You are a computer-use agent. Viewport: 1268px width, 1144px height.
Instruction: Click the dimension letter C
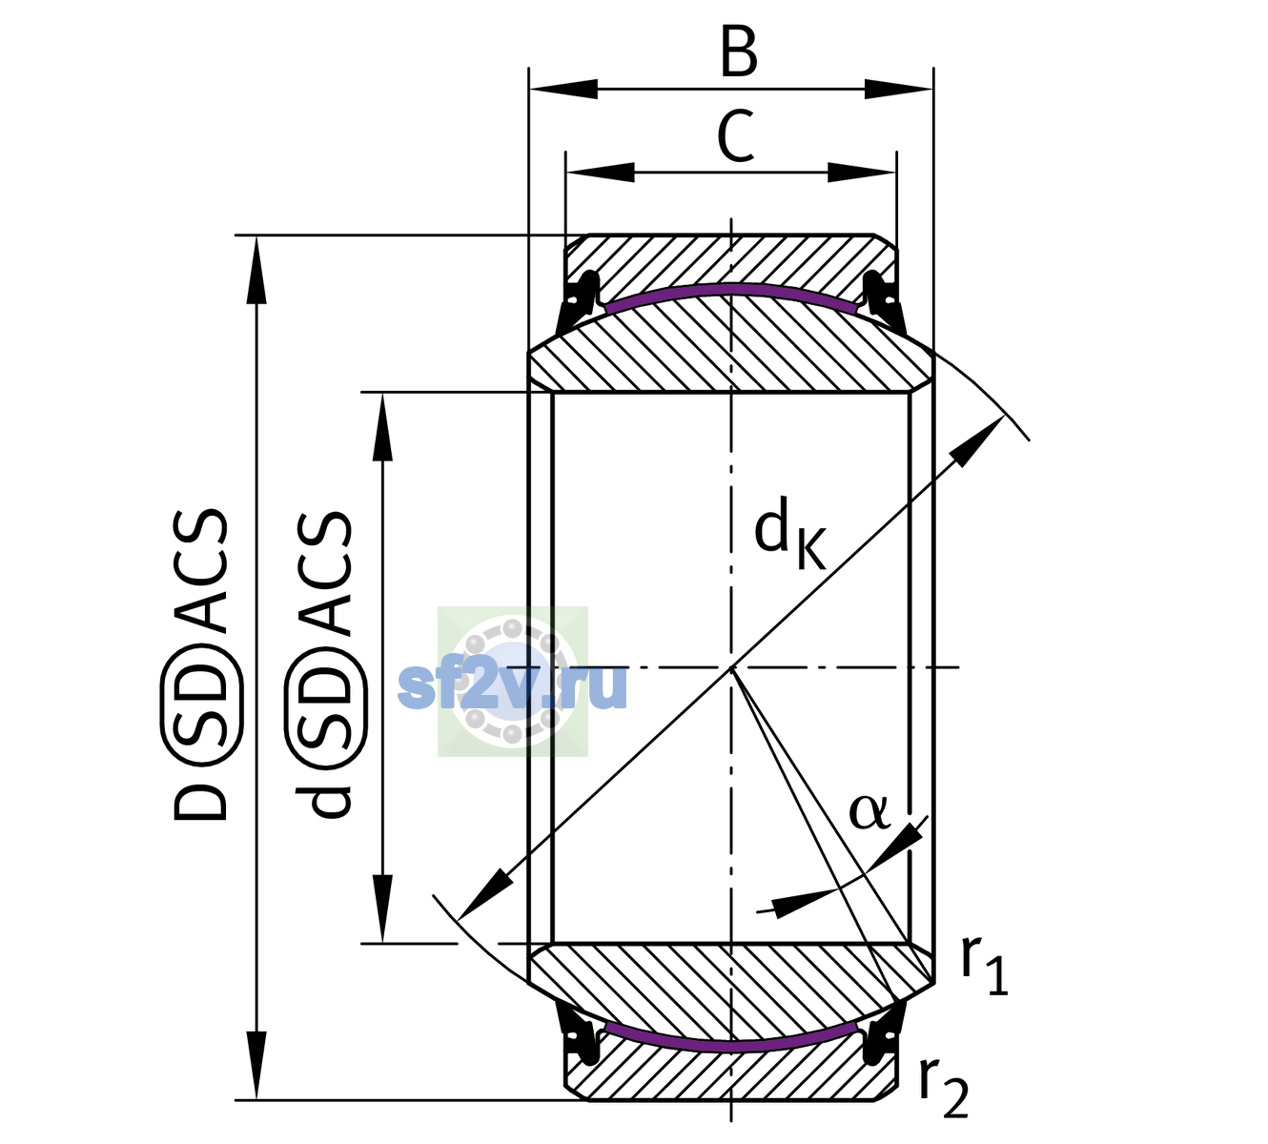click(x=736, y=136)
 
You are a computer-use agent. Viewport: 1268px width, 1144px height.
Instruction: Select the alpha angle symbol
click(x=869, y=812)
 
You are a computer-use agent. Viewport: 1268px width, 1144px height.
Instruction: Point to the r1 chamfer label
click(x=984, y=966)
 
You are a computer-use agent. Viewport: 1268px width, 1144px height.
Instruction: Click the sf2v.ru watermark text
click(x=513, y=686)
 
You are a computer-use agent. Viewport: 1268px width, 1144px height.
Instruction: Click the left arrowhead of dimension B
click(x=562, y=89)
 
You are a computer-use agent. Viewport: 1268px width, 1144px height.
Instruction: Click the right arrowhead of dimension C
click(x=862, y=172)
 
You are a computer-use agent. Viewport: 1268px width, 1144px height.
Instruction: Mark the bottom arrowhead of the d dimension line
click(x=382, y=909)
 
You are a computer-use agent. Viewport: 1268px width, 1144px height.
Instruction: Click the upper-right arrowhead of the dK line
click(x=977, y=441)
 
